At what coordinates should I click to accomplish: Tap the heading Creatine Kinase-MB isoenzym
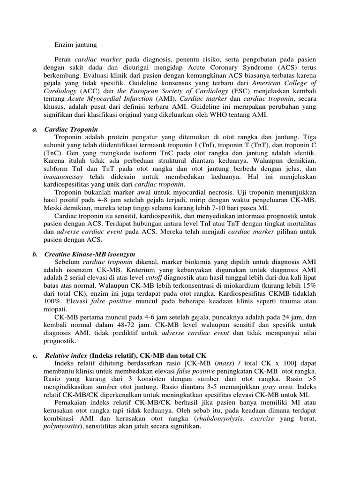[89, 254]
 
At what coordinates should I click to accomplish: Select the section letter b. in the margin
[35, 254]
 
